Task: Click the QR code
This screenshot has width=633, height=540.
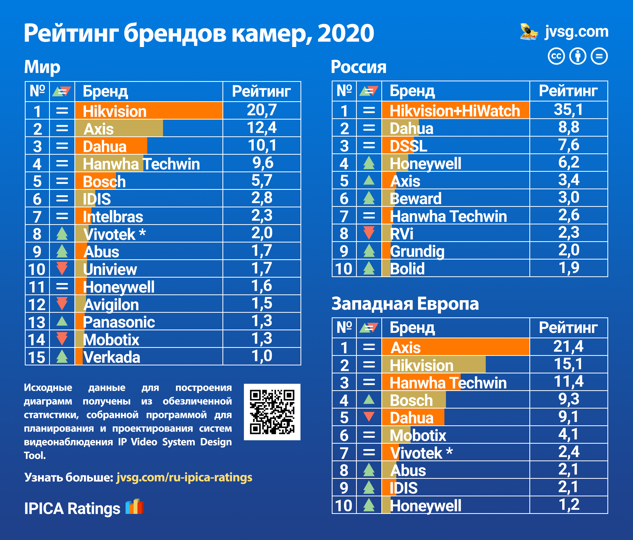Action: [x=272, y=412]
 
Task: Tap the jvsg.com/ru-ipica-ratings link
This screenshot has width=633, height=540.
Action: [x=184, y=477]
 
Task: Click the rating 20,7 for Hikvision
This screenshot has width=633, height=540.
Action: [x=262, y=110]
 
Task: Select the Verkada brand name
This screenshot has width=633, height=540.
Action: [x=112, y=357]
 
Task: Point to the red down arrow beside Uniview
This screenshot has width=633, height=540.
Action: [x=62, y=268]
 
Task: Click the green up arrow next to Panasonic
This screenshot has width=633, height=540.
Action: [x=62, y=321]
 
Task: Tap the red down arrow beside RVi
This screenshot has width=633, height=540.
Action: [x=369, y=233]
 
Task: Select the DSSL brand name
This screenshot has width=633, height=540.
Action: [x=408, y=146]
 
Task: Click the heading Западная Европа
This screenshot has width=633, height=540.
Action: [x=405, y=304]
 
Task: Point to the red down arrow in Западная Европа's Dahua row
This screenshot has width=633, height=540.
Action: [x=369, y=417]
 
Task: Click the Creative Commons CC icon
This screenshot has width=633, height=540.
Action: [x=556, y=56]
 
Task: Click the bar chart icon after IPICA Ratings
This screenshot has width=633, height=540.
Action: [x=134, y=507]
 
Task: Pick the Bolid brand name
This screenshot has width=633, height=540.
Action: [x=407, y=269]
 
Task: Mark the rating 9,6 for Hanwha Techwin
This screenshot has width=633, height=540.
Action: [x=263, y=163]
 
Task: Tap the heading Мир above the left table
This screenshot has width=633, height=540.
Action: [x=42, y=67]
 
